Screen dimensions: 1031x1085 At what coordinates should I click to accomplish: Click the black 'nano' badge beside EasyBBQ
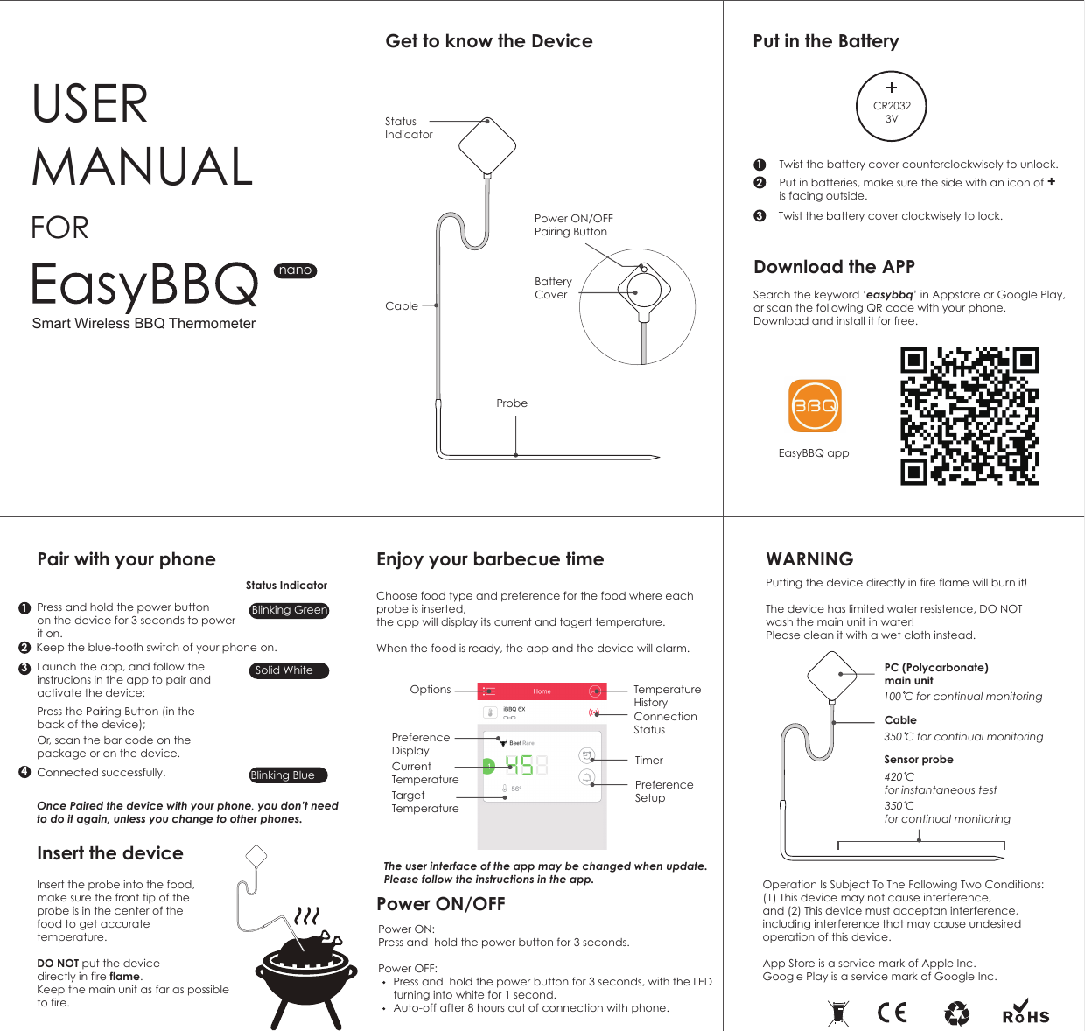(295, 270)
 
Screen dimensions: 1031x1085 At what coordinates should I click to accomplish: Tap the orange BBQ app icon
(815, 406)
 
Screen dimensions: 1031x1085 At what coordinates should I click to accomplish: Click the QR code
(969, 416)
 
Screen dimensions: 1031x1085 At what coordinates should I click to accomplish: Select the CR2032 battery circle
(892, 106)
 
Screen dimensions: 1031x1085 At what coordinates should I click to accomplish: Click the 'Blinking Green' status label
(289, 610)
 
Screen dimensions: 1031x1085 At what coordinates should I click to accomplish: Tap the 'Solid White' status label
(288, 670)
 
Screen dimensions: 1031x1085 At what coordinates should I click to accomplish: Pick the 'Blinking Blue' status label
(287, 775)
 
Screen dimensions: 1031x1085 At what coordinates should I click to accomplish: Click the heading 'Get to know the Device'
(489, 41)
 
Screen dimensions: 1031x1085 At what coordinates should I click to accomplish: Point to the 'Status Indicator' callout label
(408, 128)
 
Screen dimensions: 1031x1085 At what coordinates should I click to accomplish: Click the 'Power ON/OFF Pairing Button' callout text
(573, 225)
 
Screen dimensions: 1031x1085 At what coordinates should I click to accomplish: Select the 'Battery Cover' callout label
(553, 288)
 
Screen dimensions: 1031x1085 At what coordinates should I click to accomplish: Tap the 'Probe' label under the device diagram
(512, 403)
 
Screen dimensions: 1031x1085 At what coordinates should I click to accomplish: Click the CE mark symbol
(892, 1013)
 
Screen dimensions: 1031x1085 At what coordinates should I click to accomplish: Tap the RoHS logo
(1025, 1013)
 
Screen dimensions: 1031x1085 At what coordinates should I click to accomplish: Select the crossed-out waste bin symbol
(838, 1013)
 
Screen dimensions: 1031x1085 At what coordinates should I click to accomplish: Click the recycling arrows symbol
(957, 1013)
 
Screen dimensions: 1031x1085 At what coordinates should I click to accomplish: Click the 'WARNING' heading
(809, 559)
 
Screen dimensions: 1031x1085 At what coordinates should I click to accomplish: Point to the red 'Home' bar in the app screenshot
(542, 691)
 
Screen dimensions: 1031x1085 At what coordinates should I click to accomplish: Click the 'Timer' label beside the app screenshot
(648, 761)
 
